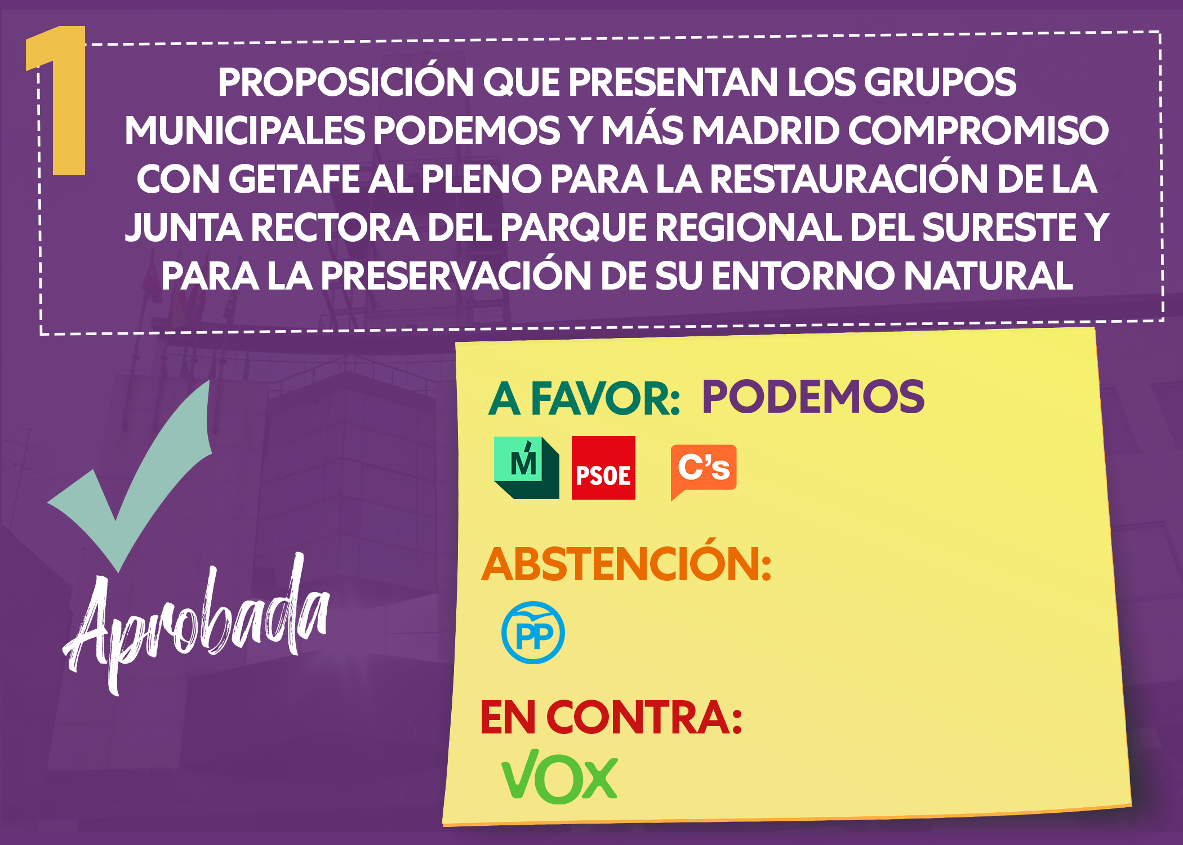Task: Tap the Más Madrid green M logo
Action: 526,468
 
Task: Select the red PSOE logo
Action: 603,468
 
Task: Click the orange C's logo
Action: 704,471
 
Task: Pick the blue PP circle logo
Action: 533,633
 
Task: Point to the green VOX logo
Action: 559,776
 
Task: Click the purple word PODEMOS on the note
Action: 813,397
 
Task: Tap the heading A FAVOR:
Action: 584,398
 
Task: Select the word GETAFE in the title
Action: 293,179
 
